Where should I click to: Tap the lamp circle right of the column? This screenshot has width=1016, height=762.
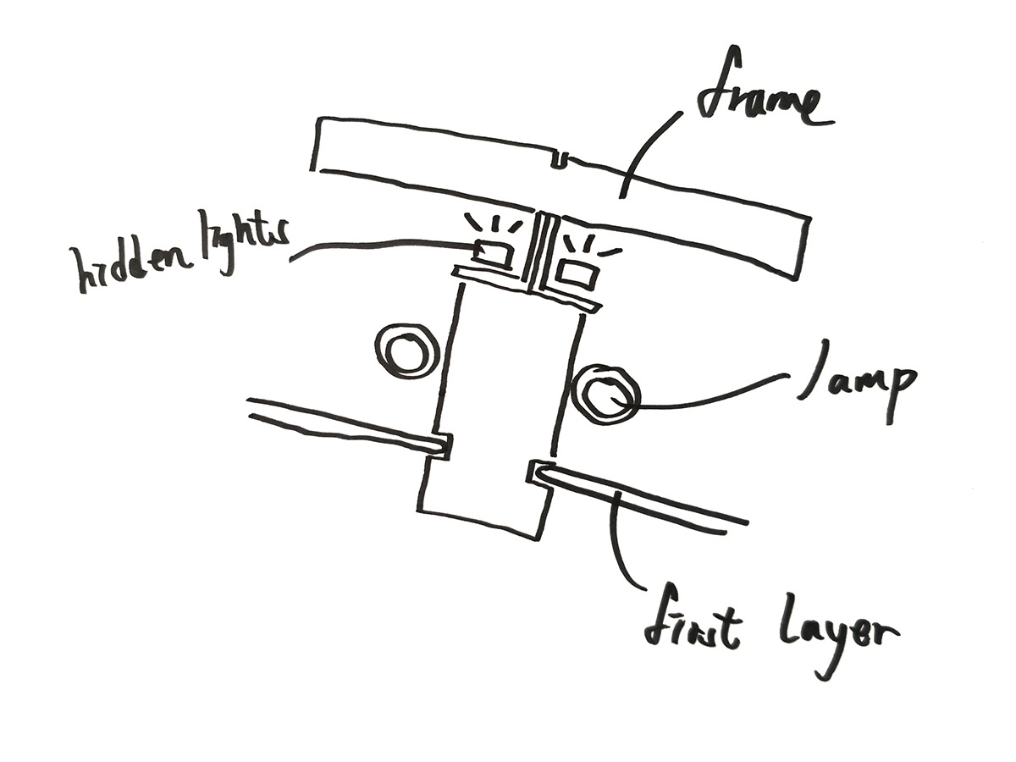click(605, 394)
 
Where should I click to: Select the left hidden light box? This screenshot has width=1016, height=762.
click(492, 252)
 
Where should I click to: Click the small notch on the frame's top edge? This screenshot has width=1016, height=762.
click(560, 160)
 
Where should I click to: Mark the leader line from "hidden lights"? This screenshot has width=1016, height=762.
click(381, 246)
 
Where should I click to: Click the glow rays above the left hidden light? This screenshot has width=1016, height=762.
click(491, 224)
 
